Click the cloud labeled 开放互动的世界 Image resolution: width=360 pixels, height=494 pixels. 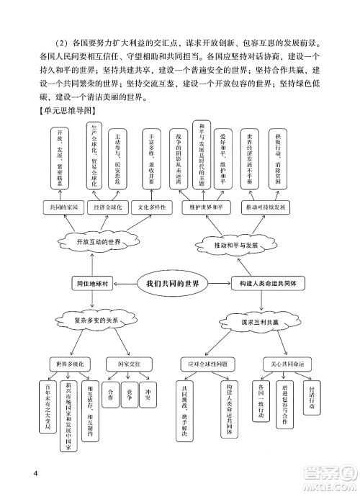coord(98,243)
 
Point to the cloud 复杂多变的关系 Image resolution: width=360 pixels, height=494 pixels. coord(99,319)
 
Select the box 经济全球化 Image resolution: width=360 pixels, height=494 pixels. coord(107,207)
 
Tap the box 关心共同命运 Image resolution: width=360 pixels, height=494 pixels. coord(281,364)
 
